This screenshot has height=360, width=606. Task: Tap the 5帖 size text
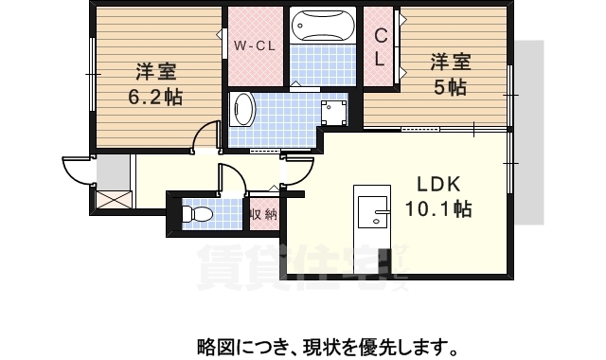coord(451,87)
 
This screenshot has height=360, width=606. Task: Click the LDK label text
coord(437,184)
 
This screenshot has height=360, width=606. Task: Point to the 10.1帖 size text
coord(438,207)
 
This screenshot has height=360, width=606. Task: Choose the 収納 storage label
coord(263,214)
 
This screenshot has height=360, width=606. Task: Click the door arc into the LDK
coord(297,169)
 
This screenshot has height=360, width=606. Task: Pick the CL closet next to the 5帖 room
coord(380,47)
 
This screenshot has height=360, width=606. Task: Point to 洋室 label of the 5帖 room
coord(451,63)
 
